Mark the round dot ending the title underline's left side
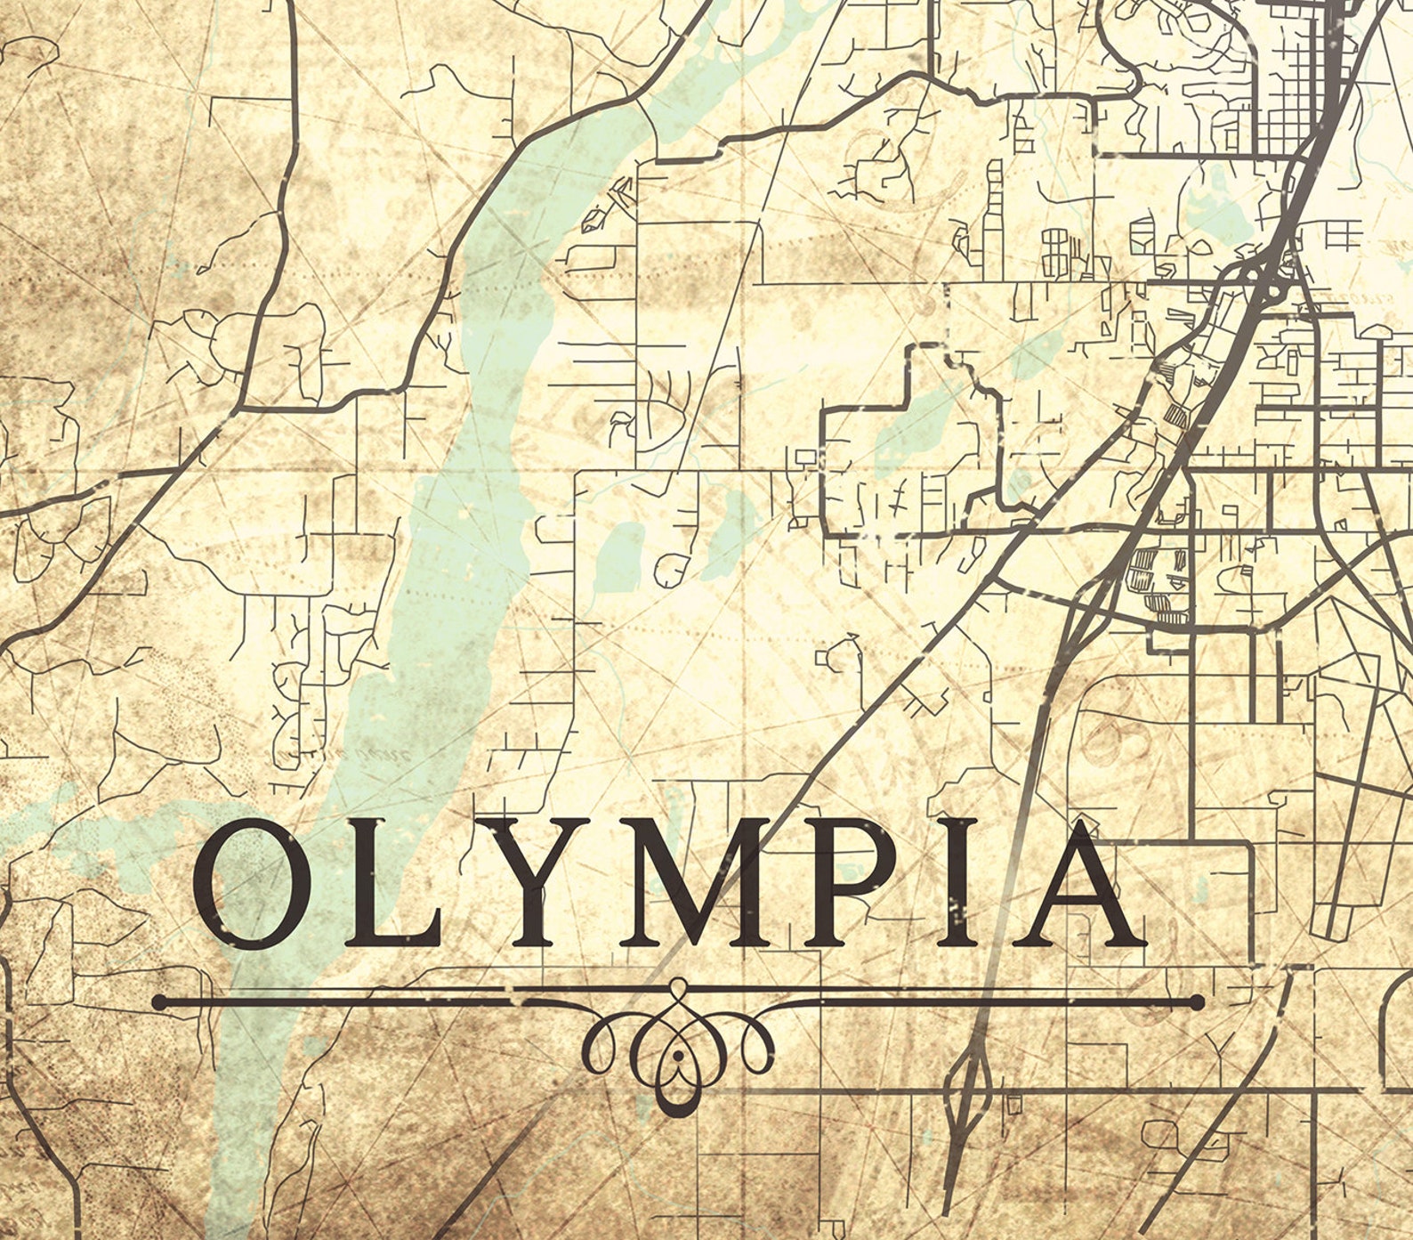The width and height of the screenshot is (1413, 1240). tap(159, 1002)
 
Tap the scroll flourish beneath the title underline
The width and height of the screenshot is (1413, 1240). tap(678, 1049)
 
